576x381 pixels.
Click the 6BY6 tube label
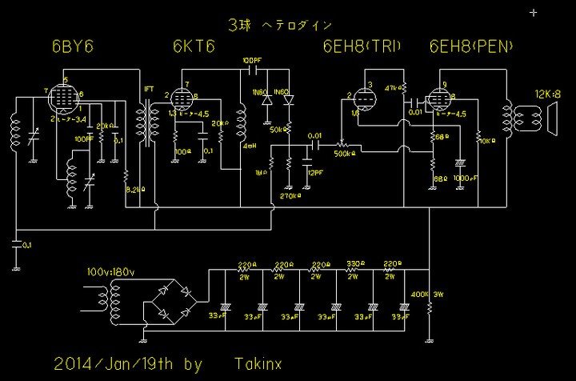point(73,47)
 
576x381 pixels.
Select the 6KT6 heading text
point(194,47)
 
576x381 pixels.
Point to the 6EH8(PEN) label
point(472,46)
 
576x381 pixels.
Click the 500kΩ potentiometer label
point(343,153)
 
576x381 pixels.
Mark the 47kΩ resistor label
point(392,86)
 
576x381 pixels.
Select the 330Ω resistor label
point(353,263)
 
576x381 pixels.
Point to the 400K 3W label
point(426,295)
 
